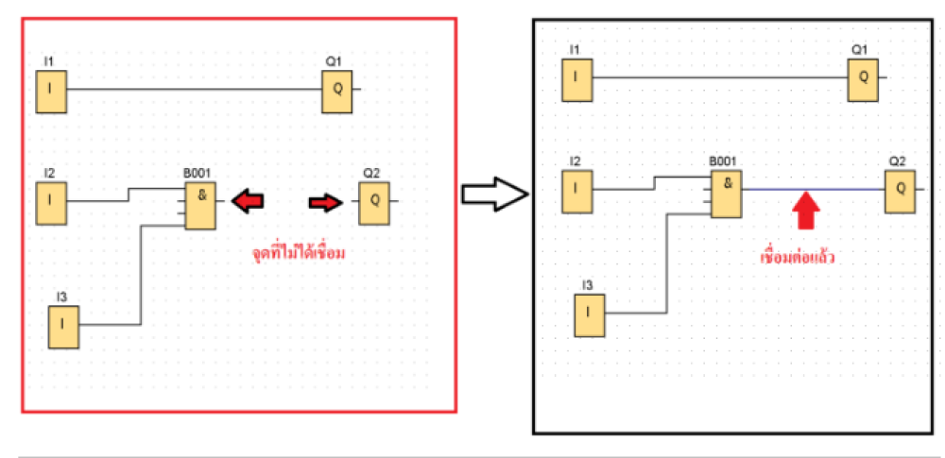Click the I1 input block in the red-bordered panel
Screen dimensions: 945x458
coord(51,92)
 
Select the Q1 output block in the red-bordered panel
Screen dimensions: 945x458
coord(337,92)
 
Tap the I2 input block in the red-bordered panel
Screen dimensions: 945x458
coord(51,204)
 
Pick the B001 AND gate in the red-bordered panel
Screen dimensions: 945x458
coord(200,206)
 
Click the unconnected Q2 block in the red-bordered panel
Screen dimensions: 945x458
coord(374,204)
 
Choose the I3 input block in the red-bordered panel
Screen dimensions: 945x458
coord(64,328)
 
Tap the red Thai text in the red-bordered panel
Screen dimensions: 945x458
coord(299,253)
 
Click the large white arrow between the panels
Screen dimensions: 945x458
coord(495,194)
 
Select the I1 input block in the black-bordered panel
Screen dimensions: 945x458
coord(577,80)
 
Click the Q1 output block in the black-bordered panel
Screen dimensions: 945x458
coord(864,80)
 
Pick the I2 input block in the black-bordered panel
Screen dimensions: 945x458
coord(577,192)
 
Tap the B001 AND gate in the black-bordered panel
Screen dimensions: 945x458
coord(727,194)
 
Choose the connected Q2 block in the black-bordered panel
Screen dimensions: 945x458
coord(900,192)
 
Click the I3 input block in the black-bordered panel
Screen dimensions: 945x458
coord(590,315)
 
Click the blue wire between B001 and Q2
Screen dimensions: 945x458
coord(814,189)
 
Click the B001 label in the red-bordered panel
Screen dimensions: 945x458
coord(198,174)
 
